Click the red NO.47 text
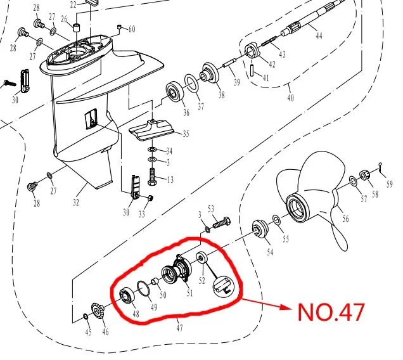pyautogui.click(x=331, y=312)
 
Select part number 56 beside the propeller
pyautogui.click(x=345, y=219)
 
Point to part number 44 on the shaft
pyautogui.click(x=319, y=36)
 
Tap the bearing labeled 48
pyautogui.click(x=127, y=295)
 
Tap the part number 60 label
pyautogui.click(x=132, y=29)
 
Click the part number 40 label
pyautogui.click(x=291, y=98)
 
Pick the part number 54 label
pyautogui.click(x=270, y=252)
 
